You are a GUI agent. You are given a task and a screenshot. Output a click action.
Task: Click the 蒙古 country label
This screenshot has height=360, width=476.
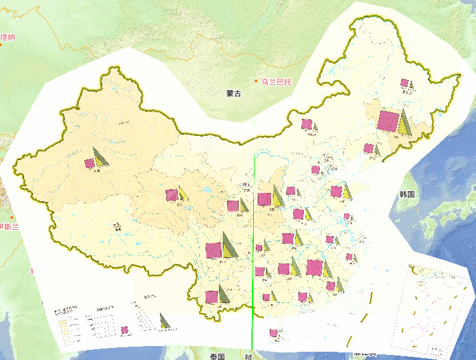click(x=234, y=94)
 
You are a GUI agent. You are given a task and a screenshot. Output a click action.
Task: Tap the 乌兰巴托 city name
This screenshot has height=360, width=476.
click(x=277, y=81)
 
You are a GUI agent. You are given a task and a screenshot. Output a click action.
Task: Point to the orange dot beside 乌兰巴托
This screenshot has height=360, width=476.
click(x=257, y=81)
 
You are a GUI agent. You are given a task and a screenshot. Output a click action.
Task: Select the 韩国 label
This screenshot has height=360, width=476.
click(x=407, y=194)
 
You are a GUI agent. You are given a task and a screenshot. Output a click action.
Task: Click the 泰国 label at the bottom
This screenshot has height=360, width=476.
click(x=217, y=356)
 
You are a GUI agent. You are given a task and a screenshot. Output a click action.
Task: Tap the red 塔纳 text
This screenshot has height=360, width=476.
click(x=7, y=37)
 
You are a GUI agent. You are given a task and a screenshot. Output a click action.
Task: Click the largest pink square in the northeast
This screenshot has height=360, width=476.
click(x=387, y=121)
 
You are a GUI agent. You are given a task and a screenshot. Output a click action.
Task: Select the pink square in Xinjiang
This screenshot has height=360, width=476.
click(x=89, y=163)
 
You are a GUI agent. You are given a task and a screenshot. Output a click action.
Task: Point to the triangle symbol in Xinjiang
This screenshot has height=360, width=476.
click(x=100, y=157)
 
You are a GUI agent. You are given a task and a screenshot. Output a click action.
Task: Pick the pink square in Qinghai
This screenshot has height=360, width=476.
click(x=171, y=195)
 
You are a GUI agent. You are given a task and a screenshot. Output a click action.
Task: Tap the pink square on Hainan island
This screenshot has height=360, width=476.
click(x=274, y=332)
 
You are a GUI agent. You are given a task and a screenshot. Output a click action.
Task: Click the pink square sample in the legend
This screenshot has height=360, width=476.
click(x=125, y=330)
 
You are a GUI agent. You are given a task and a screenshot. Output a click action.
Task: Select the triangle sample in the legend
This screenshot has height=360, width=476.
click(x=164, y=321)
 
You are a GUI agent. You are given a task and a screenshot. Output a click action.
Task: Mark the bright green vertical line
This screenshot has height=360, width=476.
click(x=254, y=254)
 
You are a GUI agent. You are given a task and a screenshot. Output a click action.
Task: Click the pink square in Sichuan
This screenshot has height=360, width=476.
click(x=213, y=250)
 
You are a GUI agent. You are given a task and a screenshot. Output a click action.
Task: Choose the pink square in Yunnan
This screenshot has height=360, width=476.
click(x=211, y=297)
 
